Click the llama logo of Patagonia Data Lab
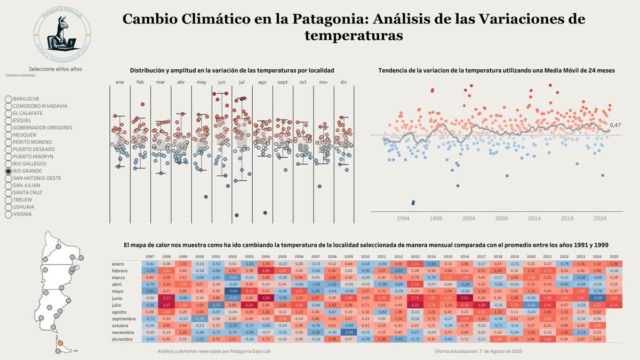[62, 36]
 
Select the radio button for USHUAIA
[8, 207]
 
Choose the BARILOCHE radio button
[8, 99]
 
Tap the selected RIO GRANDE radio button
[8, 171]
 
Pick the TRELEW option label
[23, 199]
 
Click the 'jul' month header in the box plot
[242, 82]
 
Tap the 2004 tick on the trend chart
[468, 218]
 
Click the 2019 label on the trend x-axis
[567, 218]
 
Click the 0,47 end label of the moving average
[615, 125]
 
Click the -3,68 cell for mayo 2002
[233, 291]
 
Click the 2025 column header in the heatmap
[614, 257]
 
